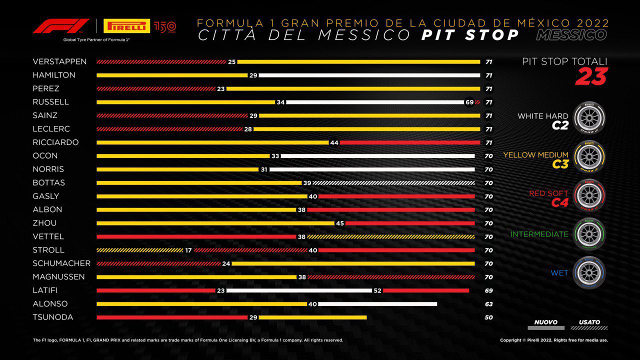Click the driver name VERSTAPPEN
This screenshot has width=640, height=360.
[x=59, y=61]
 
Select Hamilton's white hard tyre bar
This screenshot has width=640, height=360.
[x=369, y=75]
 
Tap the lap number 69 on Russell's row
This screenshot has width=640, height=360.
[x=469, y=102]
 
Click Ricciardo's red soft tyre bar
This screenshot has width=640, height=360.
[x=409, y=142]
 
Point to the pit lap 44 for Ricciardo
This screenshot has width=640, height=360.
[x=334, y=142]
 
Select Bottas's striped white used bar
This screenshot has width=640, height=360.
[x=393, y=183]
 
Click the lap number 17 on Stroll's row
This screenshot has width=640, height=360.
[x=188, y=250]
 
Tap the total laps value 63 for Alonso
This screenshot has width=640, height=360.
[x=488, y=304]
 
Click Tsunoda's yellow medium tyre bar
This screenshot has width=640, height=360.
[x=312, y=317]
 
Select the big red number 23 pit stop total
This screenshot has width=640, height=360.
[x=591, y=76]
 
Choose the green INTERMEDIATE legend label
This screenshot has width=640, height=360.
[x=539, y=234]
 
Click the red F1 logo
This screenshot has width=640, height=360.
[x=60, y=26]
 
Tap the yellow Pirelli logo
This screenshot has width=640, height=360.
[x=126, y=26]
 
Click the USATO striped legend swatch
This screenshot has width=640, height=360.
[x=589, y=328]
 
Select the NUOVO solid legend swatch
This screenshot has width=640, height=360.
[x=545, y=328]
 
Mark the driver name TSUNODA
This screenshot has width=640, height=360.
[x=53, y=317]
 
